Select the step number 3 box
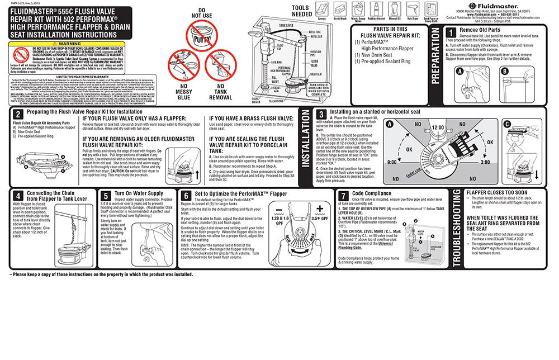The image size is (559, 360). [x=320, y=113]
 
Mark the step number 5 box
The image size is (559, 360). [x=107, y=196]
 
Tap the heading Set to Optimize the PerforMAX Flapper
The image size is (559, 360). [x=240, y=195]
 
